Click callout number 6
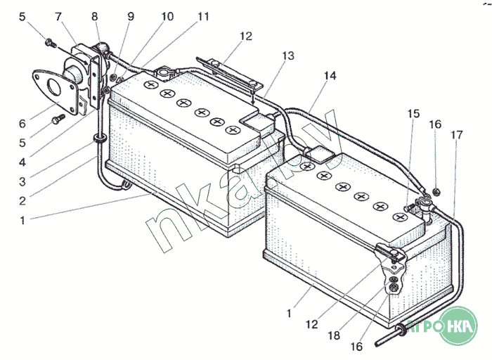[x=22, y=124]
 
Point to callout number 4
[x=22, y=161]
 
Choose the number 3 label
[x=22, y=181]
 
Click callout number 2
[x=22, y=200]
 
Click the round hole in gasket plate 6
[x=50, y=86]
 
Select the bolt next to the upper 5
[x=50, y=43]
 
